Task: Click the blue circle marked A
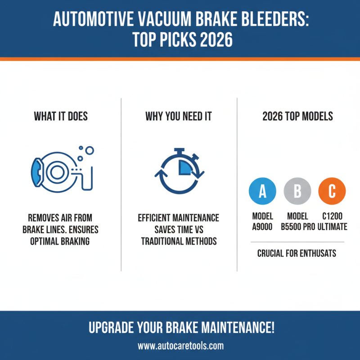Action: point(262,191)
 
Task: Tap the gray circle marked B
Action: point(297,191)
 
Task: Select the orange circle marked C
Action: point(332,191)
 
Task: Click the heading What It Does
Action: point(61,117)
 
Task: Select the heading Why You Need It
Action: point(179,117)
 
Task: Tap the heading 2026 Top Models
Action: point(297,117)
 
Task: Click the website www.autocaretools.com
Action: point(180,346)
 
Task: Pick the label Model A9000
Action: point(263,221)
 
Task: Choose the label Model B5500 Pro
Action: point(297,221)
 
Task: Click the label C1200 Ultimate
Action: point(333,221)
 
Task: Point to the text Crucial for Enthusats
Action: point(297,253)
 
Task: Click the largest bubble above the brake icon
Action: point(89,151)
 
